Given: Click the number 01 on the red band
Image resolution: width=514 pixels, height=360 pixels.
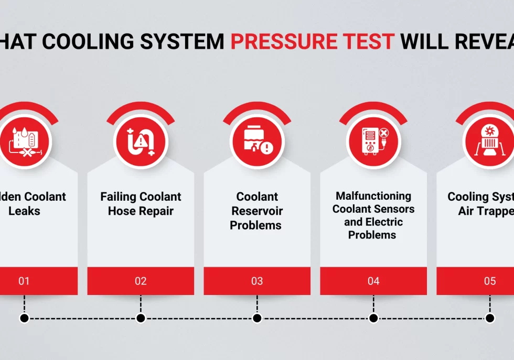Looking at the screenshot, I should click(24, 281).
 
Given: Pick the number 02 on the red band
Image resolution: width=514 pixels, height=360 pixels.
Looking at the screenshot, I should click(141, 281).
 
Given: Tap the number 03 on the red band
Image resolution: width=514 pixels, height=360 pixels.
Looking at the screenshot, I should click(257, 281).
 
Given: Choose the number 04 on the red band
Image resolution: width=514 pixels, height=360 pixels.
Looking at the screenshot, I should click(373, 281).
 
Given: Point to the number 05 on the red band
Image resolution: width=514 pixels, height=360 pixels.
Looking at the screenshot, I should click(490, 281).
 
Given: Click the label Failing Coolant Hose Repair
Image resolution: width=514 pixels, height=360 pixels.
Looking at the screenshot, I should click(141, 204).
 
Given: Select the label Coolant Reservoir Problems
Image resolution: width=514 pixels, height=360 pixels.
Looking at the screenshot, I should click(257, 211).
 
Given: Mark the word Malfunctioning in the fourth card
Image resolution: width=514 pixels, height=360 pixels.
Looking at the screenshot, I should click(373, 196).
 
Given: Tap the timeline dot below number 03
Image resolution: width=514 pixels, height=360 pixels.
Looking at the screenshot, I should click(257, 318).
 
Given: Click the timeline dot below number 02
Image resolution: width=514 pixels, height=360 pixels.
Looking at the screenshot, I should click(141, 318).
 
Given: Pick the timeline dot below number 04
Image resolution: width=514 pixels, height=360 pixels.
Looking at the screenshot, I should click(373, 318).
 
